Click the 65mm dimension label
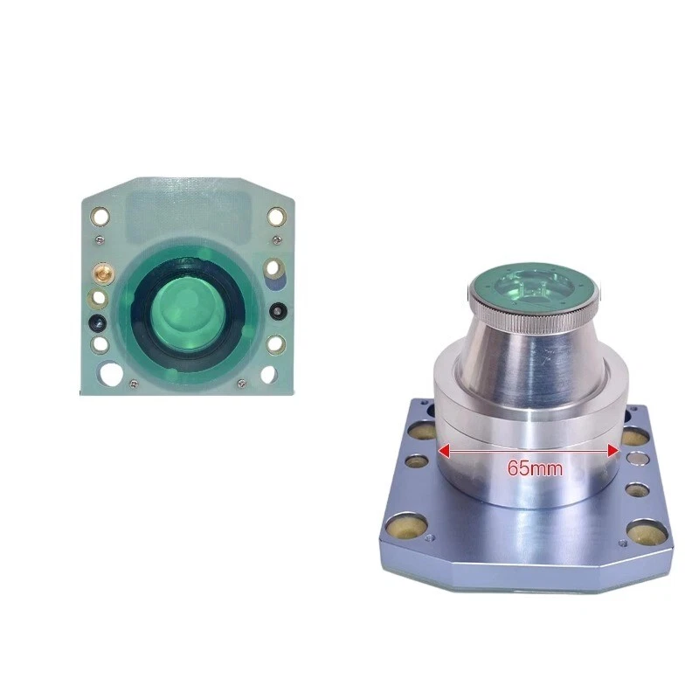[535, 468]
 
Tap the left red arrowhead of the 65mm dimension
[443, 451]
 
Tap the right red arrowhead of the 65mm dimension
[613, 451]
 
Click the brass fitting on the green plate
[103, 273]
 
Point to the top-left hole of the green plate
[100, 217]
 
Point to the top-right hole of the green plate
[276, 217]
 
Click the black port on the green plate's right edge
[279, 310]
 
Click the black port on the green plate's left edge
[98, 322]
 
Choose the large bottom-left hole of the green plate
[110, 373]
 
